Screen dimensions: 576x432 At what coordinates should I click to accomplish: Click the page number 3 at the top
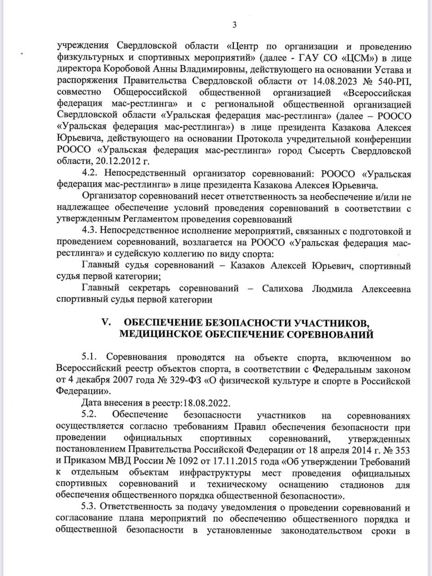point(234,25)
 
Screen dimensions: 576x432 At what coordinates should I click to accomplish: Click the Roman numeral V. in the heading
point(106,323)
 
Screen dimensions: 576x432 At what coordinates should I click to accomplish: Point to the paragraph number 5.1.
point(90,358)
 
